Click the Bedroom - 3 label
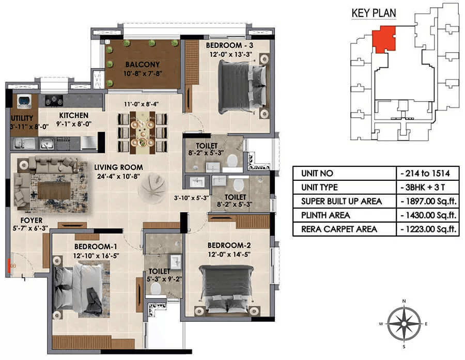[229, 45]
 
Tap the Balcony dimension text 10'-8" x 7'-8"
[143, 73]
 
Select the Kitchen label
[73, 115]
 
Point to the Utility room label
[22, 118]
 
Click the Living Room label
[119, 167]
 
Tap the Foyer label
[32, 221]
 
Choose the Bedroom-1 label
[96, 246]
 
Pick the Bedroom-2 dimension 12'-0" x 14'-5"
[229, 255]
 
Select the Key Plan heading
[374, 13]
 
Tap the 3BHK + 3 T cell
[425, 187]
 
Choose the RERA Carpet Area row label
[339, 229]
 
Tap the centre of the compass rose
[404, 323]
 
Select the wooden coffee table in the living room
[54, 191]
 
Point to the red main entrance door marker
[9, 265]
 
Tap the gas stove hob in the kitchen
[54, 101]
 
